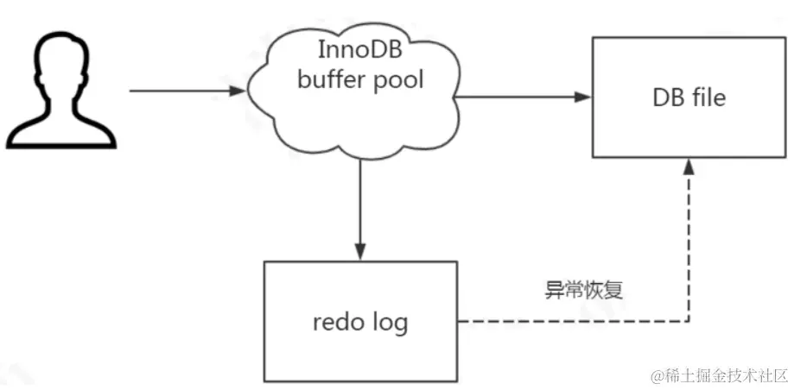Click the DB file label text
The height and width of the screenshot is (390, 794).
click(x=688, y=97)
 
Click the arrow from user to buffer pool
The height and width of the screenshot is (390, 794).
click(x=186, y=89)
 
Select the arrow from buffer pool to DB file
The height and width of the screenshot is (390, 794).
click(x=523, y=97)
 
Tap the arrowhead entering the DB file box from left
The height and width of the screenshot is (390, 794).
click(x=585, y=97)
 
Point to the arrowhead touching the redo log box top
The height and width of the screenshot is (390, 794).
click(x=359, y=250)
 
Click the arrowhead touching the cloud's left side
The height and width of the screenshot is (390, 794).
click(x=239, y=89)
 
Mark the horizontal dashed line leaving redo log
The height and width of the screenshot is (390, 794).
click(x=570, y=323)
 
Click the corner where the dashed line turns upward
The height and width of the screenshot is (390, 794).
click(x=688, y=323)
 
